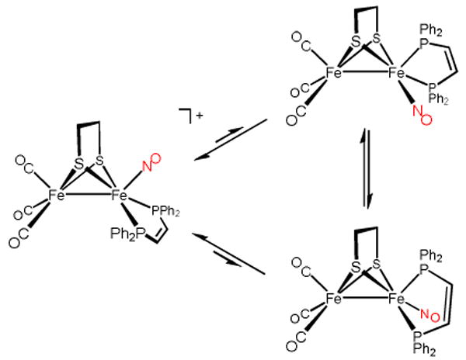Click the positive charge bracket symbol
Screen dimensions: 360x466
coord(190,116)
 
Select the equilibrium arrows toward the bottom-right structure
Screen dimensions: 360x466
coord(230,251)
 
